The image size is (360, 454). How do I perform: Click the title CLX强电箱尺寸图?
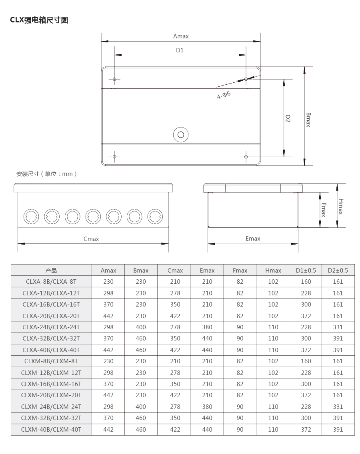[39, 20]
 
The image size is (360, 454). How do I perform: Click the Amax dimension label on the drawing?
[181, 36]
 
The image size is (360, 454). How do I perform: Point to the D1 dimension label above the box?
[180, 50]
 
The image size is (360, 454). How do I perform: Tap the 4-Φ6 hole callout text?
[224, 95]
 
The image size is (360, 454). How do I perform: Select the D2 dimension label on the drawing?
[288, 119]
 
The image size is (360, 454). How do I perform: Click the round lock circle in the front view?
[180, 134]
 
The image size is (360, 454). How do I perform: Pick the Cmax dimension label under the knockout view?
[91, 239]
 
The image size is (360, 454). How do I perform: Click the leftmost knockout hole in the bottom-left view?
[31, 216]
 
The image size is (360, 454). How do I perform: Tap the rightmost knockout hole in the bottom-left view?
[155, 216]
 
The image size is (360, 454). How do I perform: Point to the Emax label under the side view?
[253, 239]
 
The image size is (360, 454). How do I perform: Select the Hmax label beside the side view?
[341, 207]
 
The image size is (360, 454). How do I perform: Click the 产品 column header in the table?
[51, 271]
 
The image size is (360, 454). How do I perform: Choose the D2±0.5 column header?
[338, 271]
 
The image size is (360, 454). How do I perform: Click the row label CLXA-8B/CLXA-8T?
[51, 282]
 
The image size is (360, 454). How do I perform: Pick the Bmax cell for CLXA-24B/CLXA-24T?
[141, 327]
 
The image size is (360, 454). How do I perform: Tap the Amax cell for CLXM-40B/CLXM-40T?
[108, 430]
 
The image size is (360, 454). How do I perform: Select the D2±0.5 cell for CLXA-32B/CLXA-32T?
[338, 339]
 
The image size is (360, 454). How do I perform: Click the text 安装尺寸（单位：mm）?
[46, 174]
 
